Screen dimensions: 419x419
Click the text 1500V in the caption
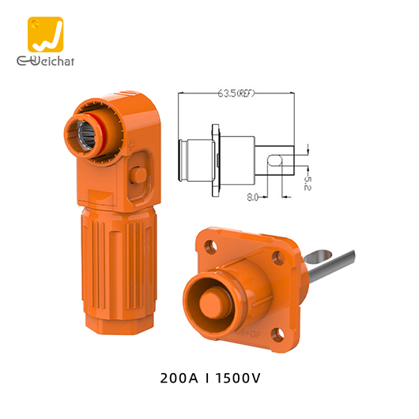240,377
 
